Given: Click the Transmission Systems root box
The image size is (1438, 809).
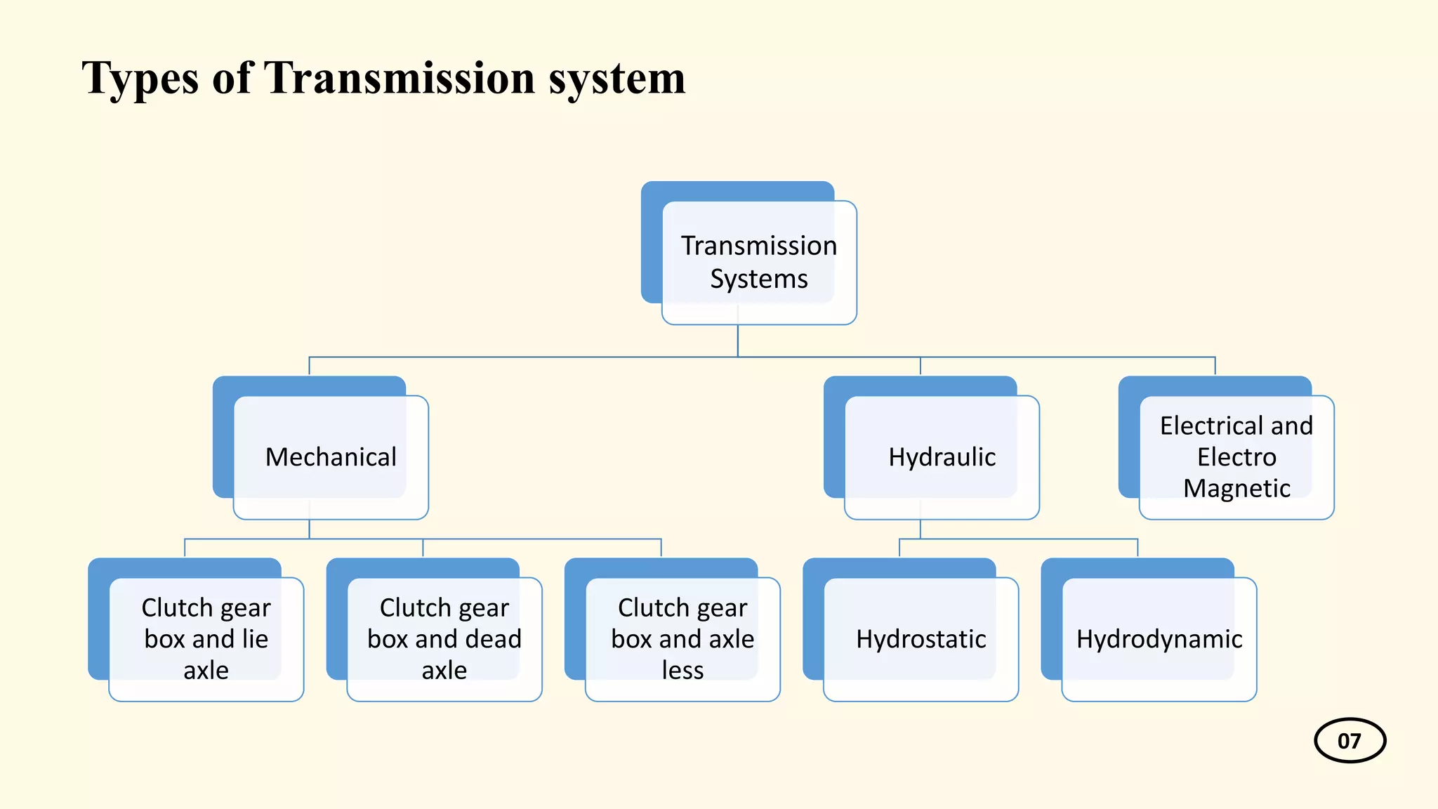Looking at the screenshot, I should coord(758,262).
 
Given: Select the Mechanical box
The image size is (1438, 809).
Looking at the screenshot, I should coord(331,457).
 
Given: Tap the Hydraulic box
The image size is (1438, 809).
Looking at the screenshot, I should coord(942,457).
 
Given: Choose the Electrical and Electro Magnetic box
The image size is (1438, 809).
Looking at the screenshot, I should coord(1236,457).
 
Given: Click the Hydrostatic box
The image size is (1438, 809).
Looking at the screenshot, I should coord(921,639).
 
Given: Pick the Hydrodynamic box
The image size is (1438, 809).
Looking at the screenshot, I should coord(1159,639).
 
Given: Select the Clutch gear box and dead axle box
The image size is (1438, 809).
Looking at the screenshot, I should coord(444,639).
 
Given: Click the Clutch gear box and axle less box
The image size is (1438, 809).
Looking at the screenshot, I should coord(682,639).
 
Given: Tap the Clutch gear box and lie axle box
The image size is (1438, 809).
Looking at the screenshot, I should coord(206,639).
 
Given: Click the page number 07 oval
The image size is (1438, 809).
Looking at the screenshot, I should coord(1349,740).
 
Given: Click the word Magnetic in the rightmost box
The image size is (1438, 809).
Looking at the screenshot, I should coord(1236,488).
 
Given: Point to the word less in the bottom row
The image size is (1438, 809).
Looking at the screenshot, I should coord(682,671).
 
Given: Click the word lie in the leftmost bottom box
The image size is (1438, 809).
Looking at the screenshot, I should coord(255,639).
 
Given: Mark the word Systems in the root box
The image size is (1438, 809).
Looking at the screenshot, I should coord(758,279).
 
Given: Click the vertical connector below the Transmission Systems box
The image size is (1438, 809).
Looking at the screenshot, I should coord(737,341).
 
